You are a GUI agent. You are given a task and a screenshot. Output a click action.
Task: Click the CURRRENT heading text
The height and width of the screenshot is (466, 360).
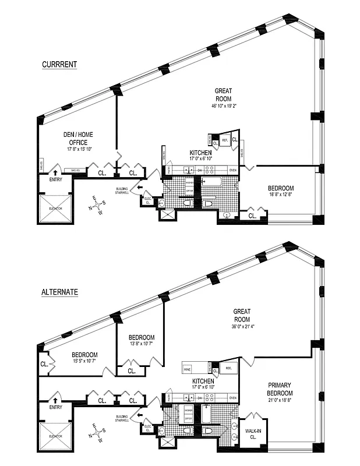click(59, 65)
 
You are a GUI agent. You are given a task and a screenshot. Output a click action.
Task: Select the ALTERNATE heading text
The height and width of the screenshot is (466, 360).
click(60, 292)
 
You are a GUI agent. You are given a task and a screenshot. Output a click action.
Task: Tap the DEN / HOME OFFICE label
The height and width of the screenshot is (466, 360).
click(78, 138)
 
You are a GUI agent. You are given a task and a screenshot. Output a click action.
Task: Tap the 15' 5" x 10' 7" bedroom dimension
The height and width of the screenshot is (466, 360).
click(84, 362)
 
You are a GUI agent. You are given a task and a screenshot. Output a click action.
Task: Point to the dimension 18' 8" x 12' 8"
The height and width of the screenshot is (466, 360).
click(281, 196)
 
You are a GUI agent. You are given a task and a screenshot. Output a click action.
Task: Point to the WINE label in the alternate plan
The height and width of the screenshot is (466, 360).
click(188, 369)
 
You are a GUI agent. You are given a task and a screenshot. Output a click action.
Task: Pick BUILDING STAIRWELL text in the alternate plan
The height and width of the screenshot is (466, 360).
click(122, 419)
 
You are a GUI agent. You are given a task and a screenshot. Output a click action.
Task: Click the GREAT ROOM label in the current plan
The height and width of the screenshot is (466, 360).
click(223, 94)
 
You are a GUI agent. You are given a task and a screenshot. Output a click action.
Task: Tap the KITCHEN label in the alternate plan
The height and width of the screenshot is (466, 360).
click(200, 380)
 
